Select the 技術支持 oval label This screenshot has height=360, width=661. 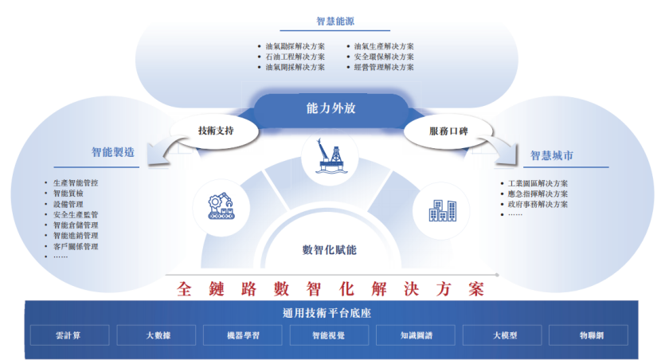pos(215,131)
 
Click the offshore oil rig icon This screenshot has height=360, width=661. pos(330,158)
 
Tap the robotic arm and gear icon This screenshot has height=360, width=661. pos(221,206)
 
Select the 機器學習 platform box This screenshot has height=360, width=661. pos(243,335)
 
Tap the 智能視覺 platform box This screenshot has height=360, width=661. pos(329,335)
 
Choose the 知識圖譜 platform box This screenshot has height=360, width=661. pos(415,335)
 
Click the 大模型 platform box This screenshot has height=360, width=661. pos(502,335)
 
